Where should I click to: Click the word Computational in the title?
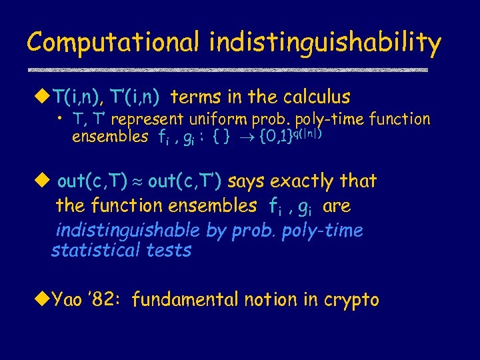tap(113, 43)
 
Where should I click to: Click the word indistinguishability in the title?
tap(325, 43)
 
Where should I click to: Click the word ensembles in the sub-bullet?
tap(110, 137)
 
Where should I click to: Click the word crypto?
tap(351, 300)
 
